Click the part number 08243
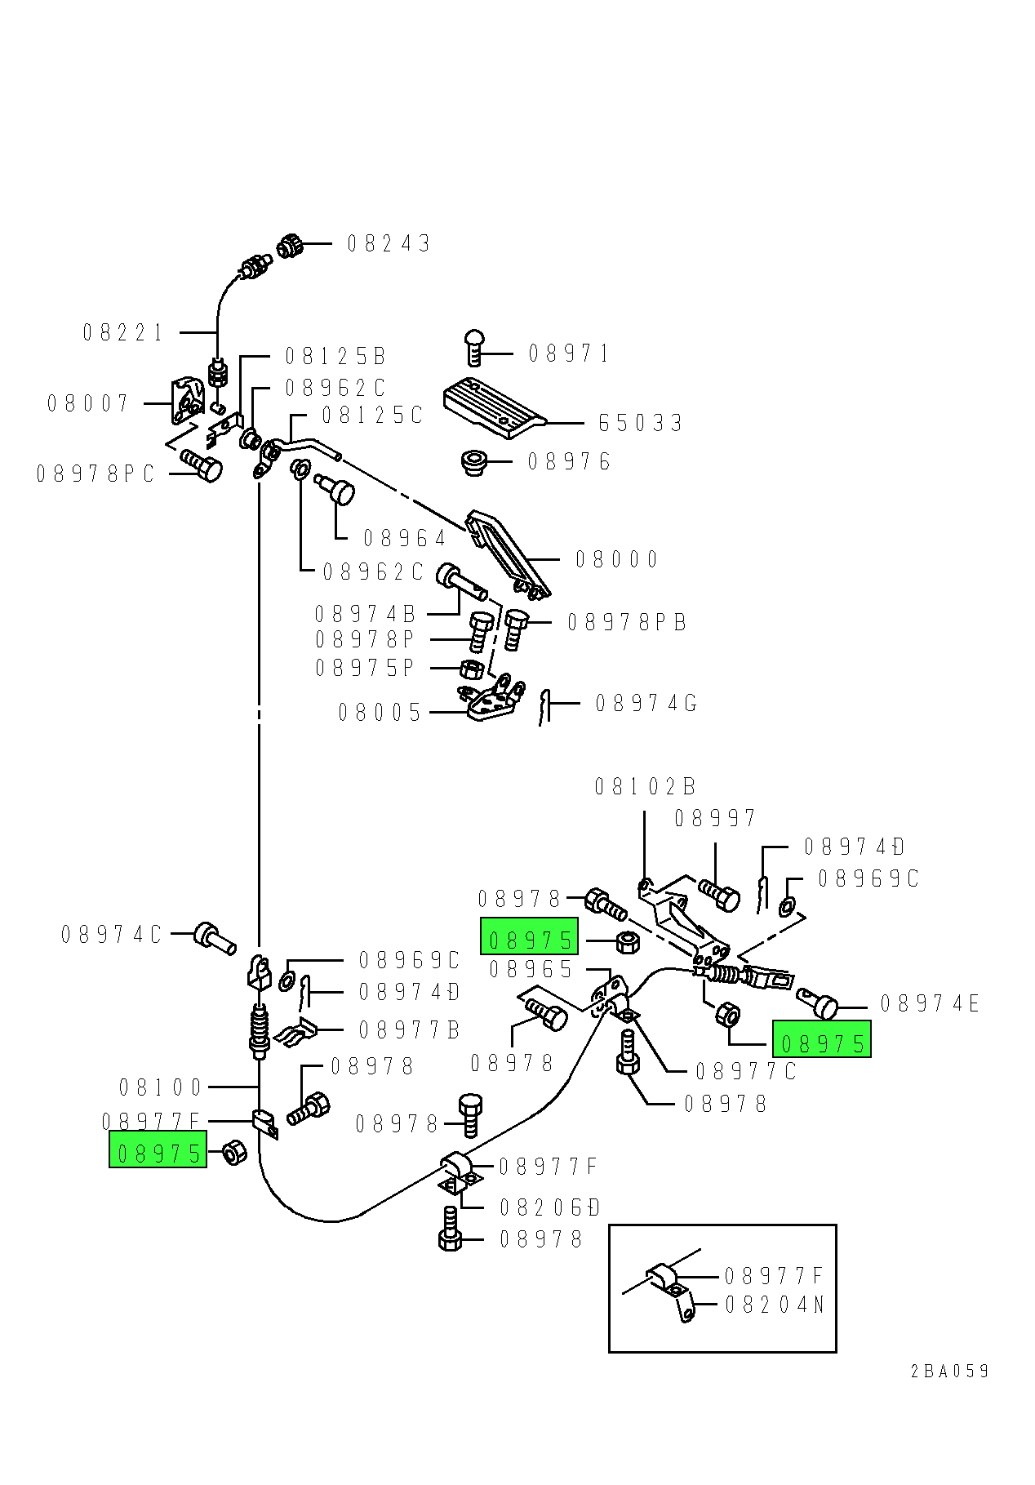(x=389, y=243)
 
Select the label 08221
(x=123, y=333)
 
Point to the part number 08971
(x=569, y=353)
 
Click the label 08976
(x=569, y=462)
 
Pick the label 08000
(x=616, y=560)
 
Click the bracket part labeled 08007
(x=187, y=399)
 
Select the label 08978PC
(x=96, y=474)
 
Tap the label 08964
(x=405, y=539)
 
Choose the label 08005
(x=380, y=714)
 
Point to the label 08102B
(x=645, y=787)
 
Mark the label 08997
(x=715, y=819)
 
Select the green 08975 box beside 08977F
(x=158, y=1151)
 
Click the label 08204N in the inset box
(x=775, y=1305)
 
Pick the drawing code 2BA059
(x=949, y=1372)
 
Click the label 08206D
(x=549, y=1208)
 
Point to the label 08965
(x=531, y=970)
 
